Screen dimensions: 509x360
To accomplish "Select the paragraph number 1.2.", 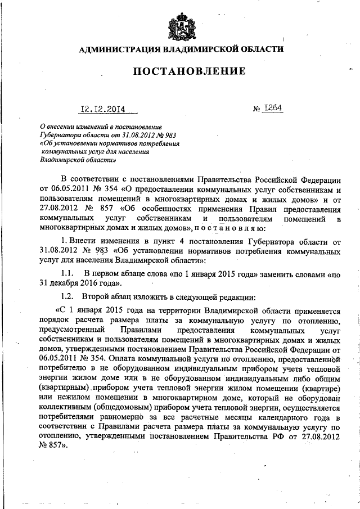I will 69,296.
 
